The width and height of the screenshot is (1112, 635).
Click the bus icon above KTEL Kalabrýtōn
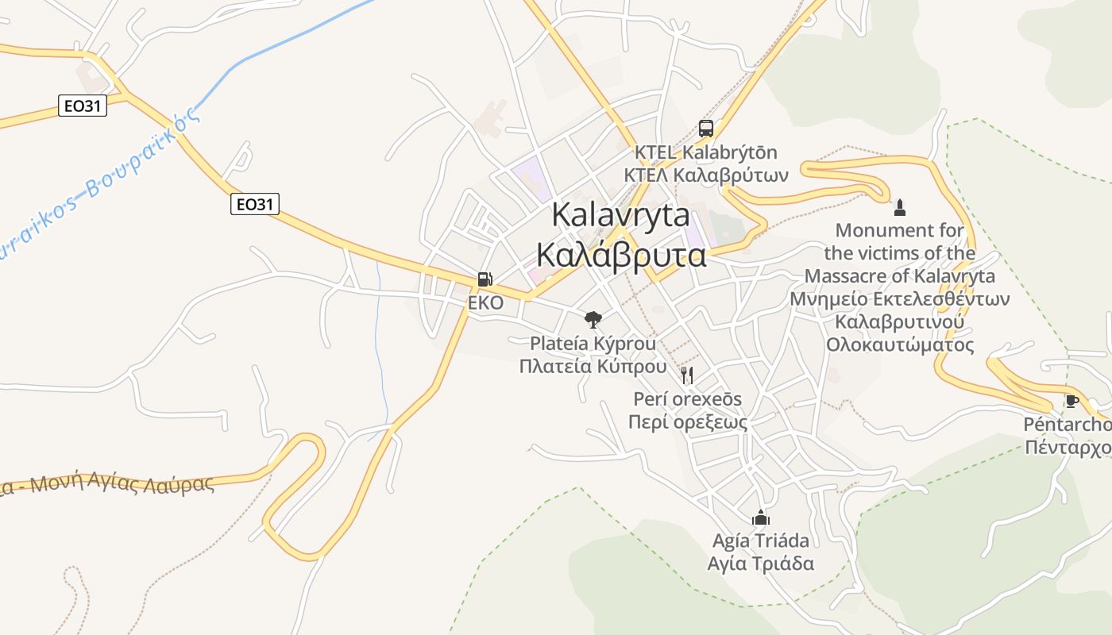coord(705,128)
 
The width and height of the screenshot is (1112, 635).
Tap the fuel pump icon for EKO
coord(485,279)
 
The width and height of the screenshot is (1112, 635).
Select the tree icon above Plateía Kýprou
coord(593,320)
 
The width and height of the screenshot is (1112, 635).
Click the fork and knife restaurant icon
coord(687,375)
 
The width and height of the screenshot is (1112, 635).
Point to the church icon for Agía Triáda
coord(761,518)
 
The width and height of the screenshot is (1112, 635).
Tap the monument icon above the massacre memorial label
coord(900,208)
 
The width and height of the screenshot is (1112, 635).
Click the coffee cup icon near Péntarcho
coord(1071,401)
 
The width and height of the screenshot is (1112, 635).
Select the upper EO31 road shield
coord(83,106)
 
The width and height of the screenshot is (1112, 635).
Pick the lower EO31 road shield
coord(256,204)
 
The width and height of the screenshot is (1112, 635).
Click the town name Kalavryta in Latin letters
coord(620,214)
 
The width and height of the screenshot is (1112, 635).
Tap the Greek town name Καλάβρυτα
coord(621,255)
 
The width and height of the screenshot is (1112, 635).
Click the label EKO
coord(485,303)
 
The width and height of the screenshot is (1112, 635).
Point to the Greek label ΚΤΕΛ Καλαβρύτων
coord(705,175)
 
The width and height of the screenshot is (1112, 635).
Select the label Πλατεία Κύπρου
coord(593,366)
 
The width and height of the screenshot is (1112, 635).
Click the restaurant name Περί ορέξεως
coord(688,421)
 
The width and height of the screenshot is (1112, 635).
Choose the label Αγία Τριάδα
coord(761,564)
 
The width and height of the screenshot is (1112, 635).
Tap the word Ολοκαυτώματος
coord(899,345)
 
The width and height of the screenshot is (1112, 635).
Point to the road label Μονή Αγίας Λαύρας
coord(119,485)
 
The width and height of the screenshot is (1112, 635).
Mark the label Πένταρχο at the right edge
coord(1068,448)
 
